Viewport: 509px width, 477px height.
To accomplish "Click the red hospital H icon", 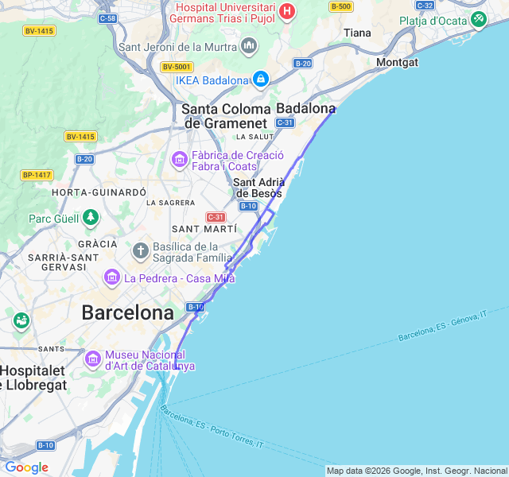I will click(x=287, y=12).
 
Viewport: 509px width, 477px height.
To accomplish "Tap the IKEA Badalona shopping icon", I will click(x=260, y=79).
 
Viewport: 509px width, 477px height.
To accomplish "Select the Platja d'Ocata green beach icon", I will click(x=478, y=19).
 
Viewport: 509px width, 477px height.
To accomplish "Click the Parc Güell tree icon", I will click(x=91, y=217).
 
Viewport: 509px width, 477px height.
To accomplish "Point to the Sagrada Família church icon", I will click(x=141, y=252).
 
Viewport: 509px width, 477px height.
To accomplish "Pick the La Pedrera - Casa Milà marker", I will click(x=111, y=277).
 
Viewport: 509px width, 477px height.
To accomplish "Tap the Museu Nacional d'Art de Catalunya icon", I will click(x=92, y=359).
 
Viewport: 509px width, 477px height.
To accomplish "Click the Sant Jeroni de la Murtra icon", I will click(x=250, y=46).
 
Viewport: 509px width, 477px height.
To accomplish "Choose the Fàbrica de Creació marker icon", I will click(x=179, y=161).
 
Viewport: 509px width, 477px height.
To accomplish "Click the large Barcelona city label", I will click(x=127, y=312).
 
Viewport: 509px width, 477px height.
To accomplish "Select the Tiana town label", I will click(x=357, y=33).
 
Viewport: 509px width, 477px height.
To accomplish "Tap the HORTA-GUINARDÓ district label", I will click(x=99, y=192).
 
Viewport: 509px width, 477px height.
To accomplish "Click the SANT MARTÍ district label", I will click(x=204, y=229).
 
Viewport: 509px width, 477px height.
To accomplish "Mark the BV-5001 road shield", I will click(x=176, y=67).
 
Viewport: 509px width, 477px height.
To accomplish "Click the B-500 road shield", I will click(x=340, y=6).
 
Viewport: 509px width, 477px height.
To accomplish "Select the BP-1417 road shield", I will click(x=37, y=174).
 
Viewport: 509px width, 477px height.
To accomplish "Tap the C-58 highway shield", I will click(x=108, y=17).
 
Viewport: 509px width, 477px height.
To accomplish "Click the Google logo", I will click(x=26, y=467).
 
